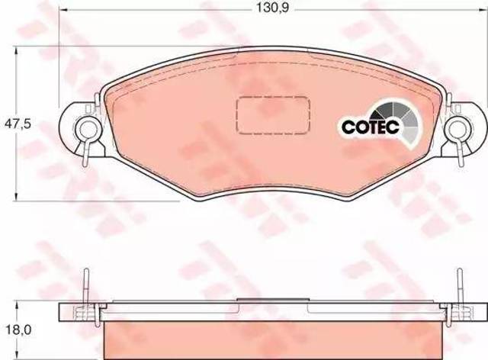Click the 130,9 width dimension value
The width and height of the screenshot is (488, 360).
click(273, 8)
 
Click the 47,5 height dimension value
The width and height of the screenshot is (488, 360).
click(18, 124)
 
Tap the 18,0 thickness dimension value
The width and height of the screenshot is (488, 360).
click(18, 329)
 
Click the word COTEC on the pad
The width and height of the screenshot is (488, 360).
click(370, 127)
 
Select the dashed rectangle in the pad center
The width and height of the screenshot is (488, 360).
click(273, 115)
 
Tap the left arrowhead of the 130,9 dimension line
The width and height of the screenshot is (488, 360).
click(63, 9)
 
